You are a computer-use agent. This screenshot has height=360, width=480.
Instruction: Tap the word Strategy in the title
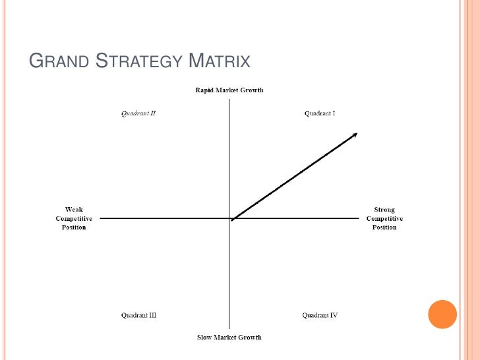point(138,62)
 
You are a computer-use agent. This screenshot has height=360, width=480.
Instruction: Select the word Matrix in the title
point(220,62)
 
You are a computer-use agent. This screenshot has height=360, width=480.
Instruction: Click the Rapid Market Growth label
point(229,90)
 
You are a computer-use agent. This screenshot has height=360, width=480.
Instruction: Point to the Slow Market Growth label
point(229,338)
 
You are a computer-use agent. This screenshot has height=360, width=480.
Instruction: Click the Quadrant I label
point(320,113)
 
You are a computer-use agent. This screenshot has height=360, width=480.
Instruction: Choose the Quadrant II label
point(138,113)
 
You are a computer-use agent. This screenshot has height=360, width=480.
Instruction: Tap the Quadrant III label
point(138,315)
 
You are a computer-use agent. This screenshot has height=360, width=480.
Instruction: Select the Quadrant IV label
point(320,315)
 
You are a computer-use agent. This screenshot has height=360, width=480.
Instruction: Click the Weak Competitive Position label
point(74,218)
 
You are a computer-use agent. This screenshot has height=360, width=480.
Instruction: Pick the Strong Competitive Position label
point(384,218)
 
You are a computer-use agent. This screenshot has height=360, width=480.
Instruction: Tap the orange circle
point(442,315)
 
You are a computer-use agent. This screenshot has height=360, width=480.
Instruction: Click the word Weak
point(74,210)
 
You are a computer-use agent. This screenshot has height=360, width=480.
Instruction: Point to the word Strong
point(384,210)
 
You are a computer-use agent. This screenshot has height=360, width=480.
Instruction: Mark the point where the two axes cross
point(229,218)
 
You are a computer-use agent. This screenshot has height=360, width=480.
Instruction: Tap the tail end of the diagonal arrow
point(233,220)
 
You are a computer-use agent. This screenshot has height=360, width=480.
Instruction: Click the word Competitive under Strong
point(384,218)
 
